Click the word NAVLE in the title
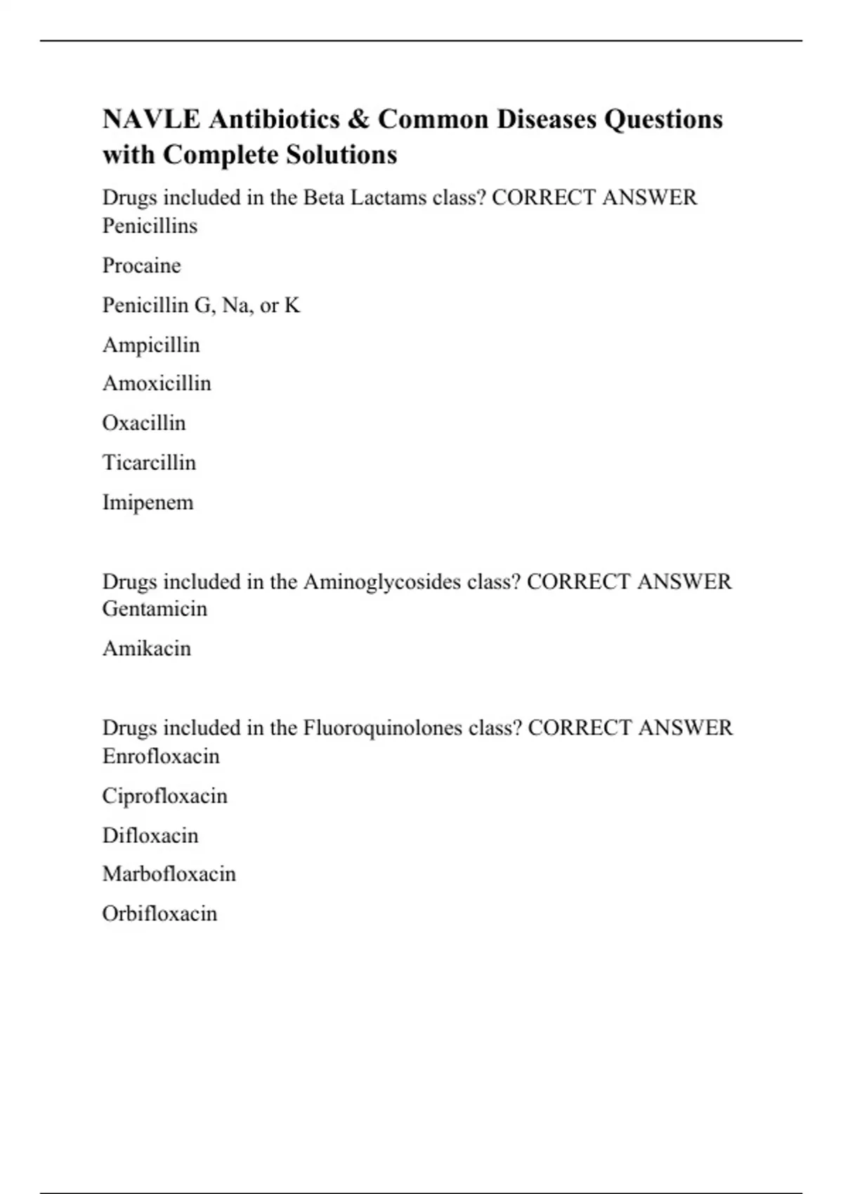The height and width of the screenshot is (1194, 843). (x=151, y=119)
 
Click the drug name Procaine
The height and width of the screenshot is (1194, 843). (x=141, y=265)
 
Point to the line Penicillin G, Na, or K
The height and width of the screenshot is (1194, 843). (x=201, y=306)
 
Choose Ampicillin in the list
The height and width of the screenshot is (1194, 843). (x=151, y=345)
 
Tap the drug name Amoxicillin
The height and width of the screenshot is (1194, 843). (x=157, y=383)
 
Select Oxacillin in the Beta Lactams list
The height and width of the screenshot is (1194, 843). (x=144, y=423)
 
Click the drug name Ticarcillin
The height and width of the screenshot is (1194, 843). (x=149, y=463)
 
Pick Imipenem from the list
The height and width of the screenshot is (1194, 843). (x=148, y=502)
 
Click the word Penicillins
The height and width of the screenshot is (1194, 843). (x=150, y=226)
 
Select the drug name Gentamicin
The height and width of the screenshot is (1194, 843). (x=155, y=608)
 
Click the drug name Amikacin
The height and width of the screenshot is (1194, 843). (x=146, y=648)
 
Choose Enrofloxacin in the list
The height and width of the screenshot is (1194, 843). (x=161, y=756)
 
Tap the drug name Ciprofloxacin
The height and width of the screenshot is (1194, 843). (x=164, y=796)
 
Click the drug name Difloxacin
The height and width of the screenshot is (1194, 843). (x=150, y=835)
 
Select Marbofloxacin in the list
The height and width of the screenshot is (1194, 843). (x=169, y=874)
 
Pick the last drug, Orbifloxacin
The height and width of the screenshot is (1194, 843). (x=159, y=914)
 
